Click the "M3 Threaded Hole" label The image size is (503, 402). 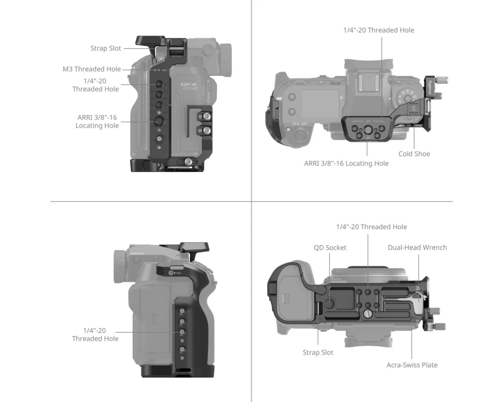92,69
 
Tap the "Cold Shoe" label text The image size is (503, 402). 414,154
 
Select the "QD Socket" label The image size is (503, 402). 330,248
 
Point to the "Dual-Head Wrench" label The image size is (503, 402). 417,248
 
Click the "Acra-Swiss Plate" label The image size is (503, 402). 412,365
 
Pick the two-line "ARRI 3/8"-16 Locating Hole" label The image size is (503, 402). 97,122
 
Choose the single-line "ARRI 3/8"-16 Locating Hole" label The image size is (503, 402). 346,163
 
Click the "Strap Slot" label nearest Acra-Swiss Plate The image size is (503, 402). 318,352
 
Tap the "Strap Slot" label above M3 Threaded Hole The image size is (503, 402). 106,48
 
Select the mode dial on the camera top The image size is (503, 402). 407,96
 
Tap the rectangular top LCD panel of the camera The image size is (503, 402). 320,103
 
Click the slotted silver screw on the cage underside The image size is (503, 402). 368,315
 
